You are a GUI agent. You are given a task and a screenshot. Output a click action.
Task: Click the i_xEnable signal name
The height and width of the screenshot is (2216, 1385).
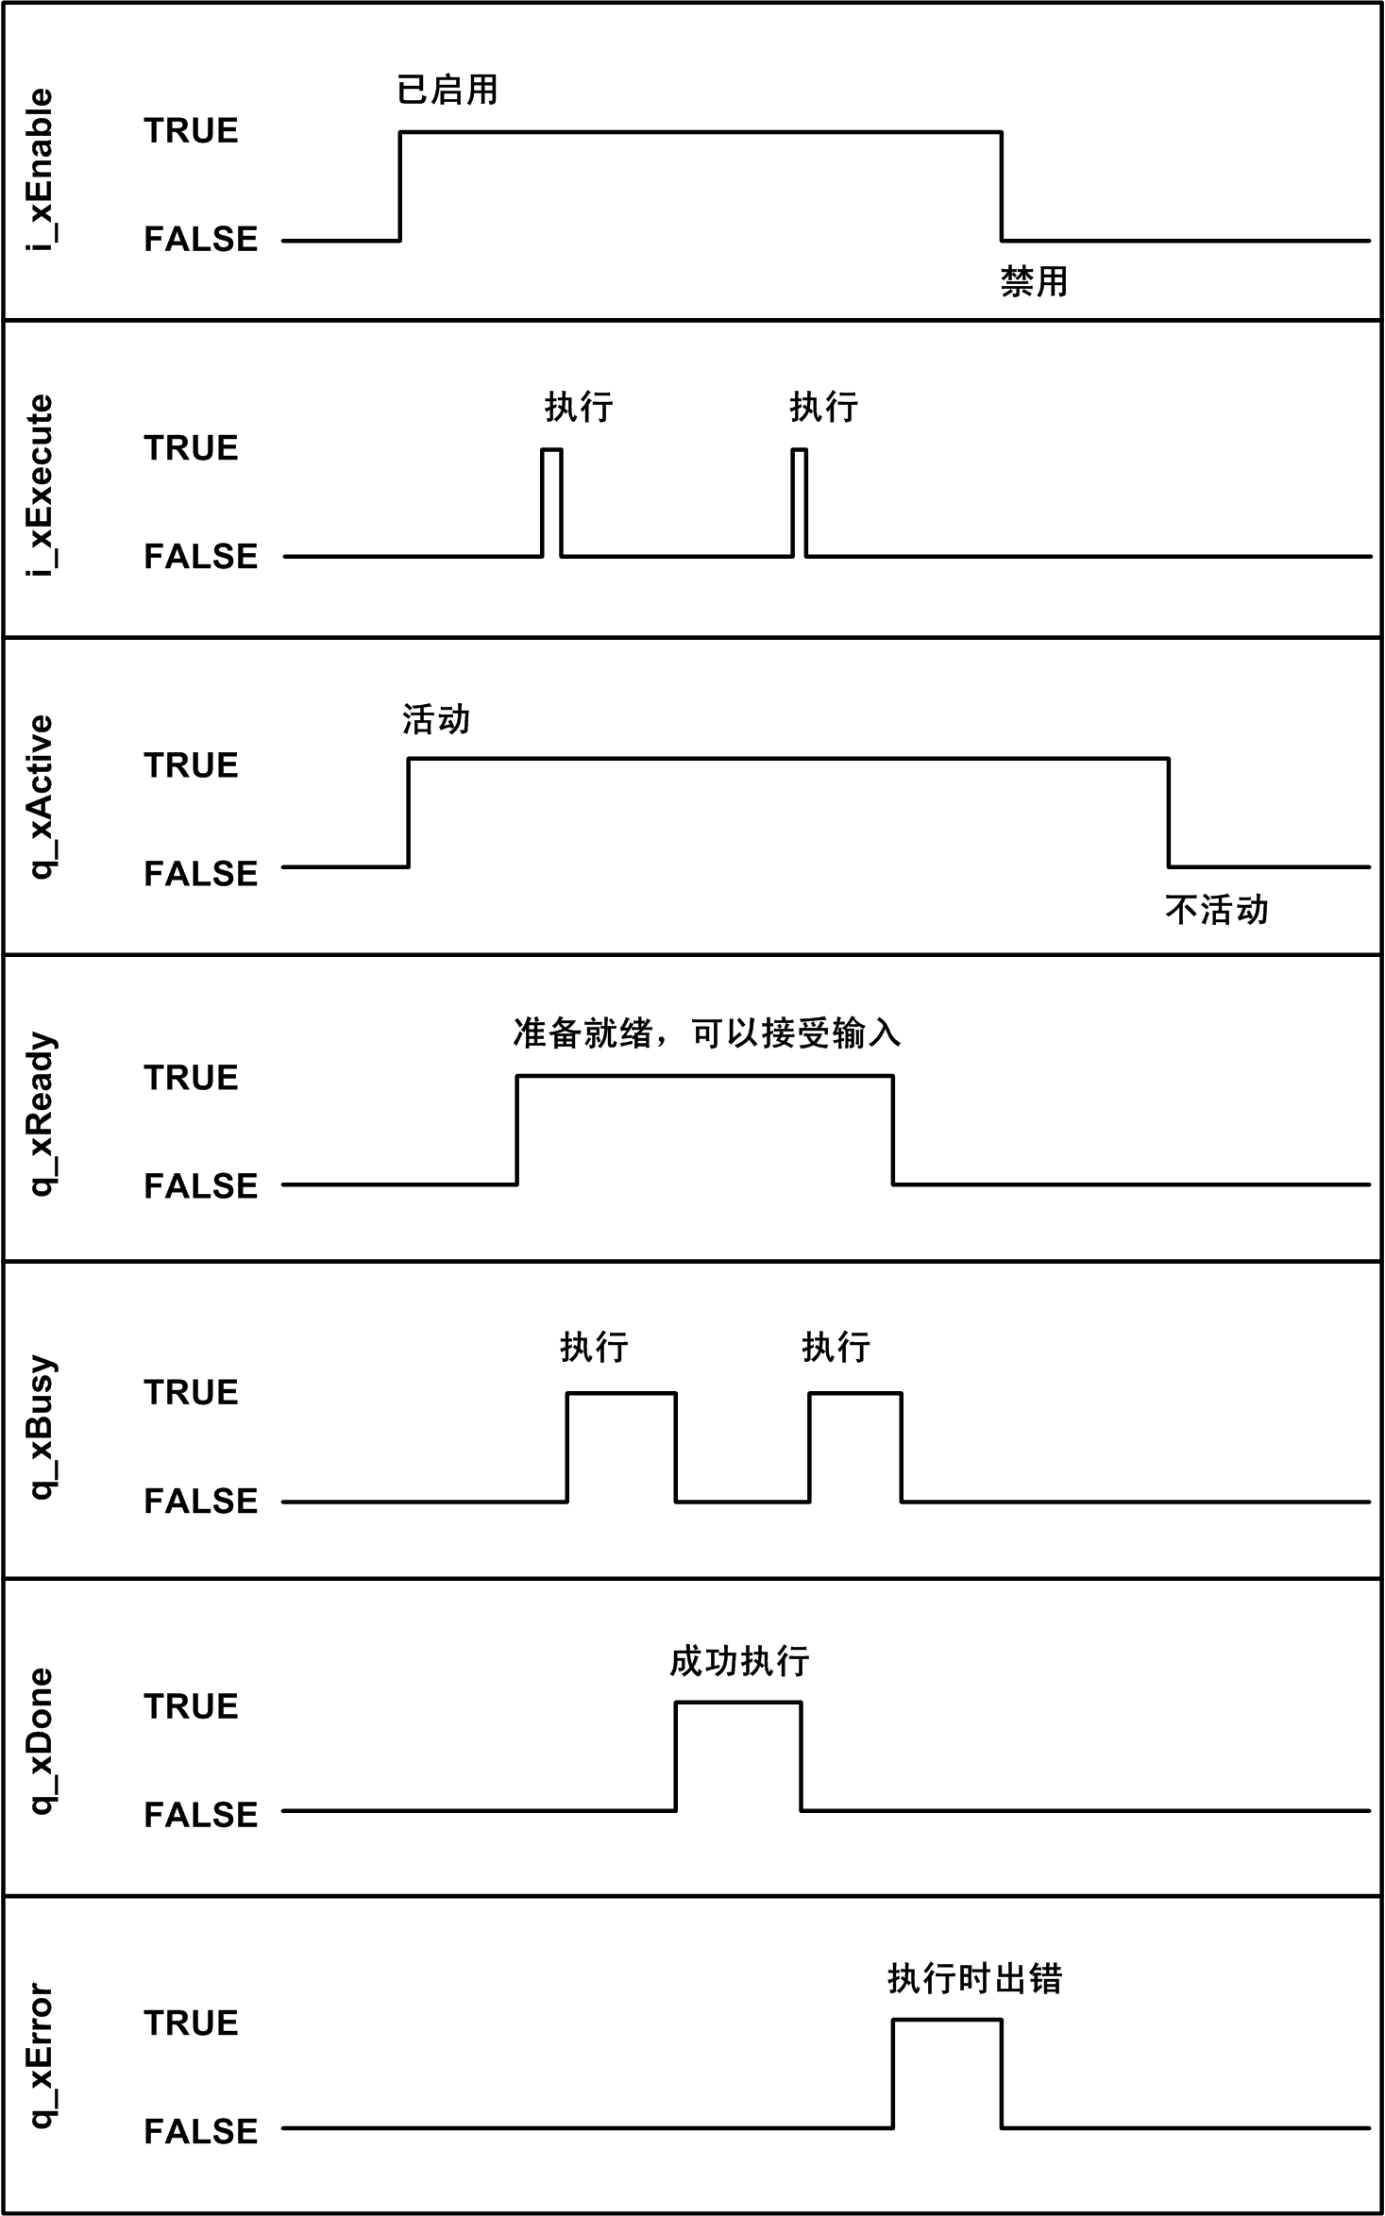pyautogui.click(x=40, y=170)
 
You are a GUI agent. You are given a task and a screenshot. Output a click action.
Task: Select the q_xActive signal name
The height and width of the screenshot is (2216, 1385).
pyautogui.click(x=40, y=797)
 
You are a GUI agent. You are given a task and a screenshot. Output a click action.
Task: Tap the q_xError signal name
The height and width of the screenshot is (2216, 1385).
pyautogui.click(x=40, y=2056)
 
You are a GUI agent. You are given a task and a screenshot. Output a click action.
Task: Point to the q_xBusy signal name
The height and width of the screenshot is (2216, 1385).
pyautogui.click(x=40, y=1428)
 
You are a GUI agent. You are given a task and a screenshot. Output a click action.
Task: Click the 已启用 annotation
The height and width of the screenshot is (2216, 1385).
pyautogui.click(x=448, y=91)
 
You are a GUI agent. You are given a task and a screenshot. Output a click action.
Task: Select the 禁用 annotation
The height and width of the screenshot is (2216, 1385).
pyautogui.click(x=1034, y=281)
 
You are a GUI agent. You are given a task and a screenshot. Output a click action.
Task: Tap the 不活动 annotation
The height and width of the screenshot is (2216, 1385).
pyautogui.click(x=1216, y=910)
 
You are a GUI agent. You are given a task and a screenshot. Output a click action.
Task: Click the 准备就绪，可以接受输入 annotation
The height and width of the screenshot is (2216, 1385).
pyautogui.click(x=706, y=1033)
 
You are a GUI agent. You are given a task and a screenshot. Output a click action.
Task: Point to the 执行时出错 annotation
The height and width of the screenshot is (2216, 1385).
pyautogui.click(x=974, y=1978)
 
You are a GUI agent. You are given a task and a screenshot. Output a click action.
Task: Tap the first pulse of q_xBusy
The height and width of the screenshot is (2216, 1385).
pyautogui.click(x=621, y=1446)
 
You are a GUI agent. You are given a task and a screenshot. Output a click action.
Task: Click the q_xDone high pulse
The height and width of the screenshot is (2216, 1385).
pyautogui.click(x=738, y=1755)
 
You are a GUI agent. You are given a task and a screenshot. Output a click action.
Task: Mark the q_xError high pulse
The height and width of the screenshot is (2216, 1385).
pyautogui.click(x=947, y=2073)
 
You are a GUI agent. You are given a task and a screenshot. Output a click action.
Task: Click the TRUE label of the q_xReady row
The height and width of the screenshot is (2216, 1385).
pyautogui.click(x=191, y=1078)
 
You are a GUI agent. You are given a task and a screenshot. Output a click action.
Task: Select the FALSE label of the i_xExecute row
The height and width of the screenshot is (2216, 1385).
pyautogui.click(x=200, y=557)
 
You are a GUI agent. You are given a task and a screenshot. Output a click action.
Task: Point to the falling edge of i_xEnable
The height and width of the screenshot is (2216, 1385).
pyautogui.click(x=1002, y=186)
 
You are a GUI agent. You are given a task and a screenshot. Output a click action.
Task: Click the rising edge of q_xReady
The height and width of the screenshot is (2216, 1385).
pyautogui.click(x=517, y=1130)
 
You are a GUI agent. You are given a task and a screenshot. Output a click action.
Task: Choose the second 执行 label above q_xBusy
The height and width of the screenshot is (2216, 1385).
pyautogui.click(x=836, y=1348)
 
